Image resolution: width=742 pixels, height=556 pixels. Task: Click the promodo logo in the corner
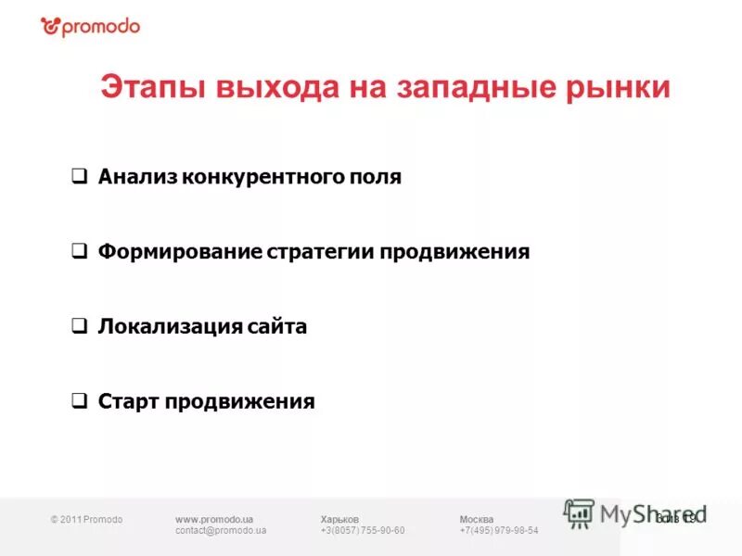(90, 26)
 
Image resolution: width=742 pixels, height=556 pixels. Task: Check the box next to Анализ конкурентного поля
(80, 176)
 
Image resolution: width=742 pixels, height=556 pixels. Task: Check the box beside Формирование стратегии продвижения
(80, 251)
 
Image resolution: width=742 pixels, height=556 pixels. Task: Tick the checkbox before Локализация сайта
(80, 326)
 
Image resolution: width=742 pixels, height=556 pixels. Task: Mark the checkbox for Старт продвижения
(80, 401)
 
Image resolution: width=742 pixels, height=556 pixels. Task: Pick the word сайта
(277, 326)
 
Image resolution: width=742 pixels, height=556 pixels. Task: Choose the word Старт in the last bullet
(128, 401)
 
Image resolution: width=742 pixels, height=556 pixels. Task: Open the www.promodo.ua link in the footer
(214, 519)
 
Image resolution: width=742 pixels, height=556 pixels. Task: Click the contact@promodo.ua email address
(221, 530)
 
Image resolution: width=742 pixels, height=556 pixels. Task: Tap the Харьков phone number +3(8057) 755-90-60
(363, 530)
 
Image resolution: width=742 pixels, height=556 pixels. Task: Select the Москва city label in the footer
(477, 519)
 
